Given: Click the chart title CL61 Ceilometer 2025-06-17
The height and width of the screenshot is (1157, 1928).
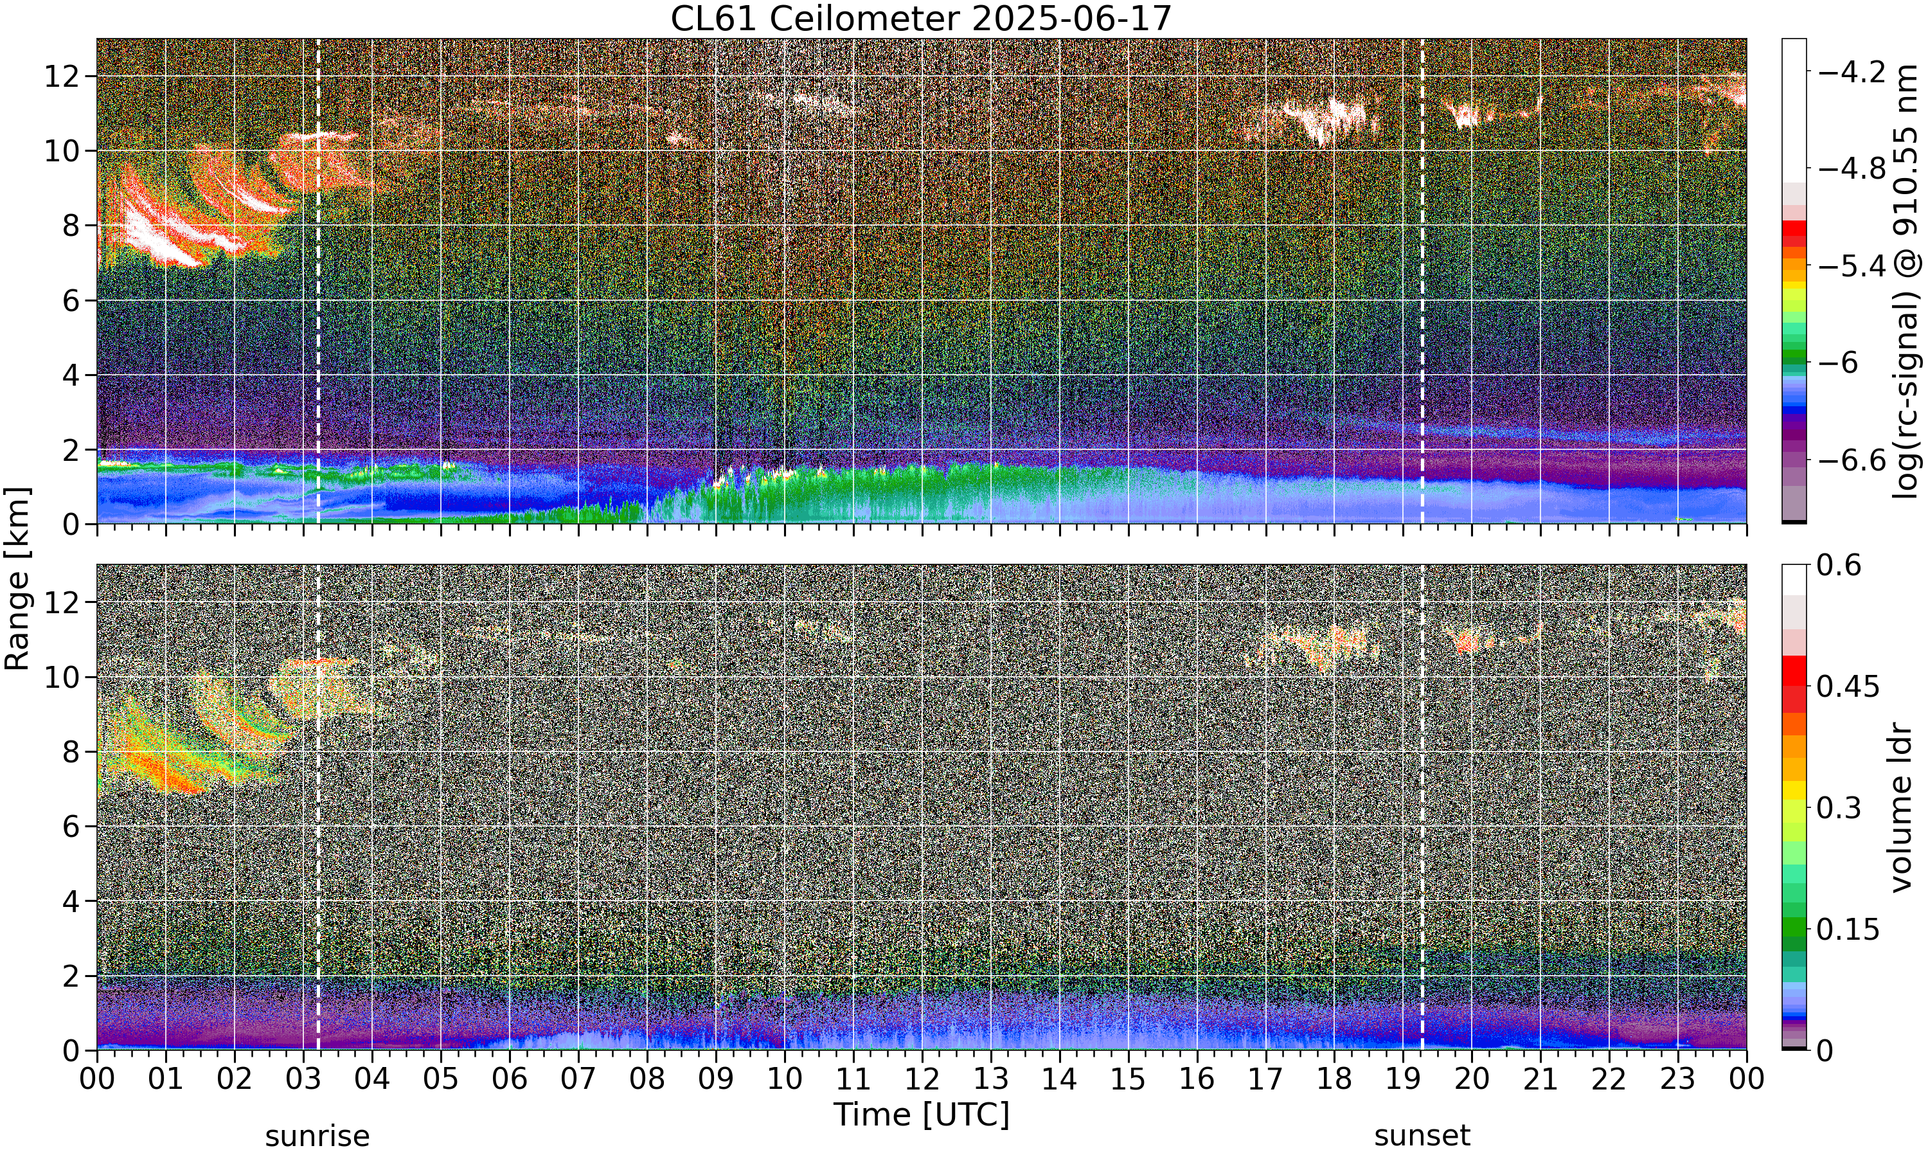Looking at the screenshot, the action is click(921, 18).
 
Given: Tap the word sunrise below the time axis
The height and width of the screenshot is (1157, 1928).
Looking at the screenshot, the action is click(317, 1136).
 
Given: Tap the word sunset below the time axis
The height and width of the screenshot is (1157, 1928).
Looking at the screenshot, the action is click(1422, 1136).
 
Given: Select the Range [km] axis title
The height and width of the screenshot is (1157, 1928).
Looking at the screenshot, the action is click(17, 578).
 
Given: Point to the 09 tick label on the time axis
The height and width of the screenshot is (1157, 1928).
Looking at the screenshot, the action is click(715, 1079).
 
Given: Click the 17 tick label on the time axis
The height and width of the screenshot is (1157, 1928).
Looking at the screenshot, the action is click(1265, 1079).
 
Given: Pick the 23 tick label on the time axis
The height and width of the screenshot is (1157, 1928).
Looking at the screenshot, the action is click(1678, 1079).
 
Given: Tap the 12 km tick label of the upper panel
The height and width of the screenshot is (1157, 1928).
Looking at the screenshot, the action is click(61, 76).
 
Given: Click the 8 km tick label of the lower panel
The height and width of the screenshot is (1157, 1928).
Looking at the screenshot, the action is click(70, 751).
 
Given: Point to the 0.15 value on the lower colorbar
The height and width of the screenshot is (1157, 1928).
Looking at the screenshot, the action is click(1848, 929).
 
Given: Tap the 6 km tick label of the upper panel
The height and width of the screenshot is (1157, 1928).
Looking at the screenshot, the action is click(70, 301).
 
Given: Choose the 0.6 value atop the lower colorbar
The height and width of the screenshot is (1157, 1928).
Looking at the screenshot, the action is click(1839, 565).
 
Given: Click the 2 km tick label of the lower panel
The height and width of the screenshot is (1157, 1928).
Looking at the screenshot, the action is click(70, 976).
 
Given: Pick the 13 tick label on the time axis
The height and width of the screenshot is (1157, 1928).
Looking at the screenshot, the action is click(990, 1079).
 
